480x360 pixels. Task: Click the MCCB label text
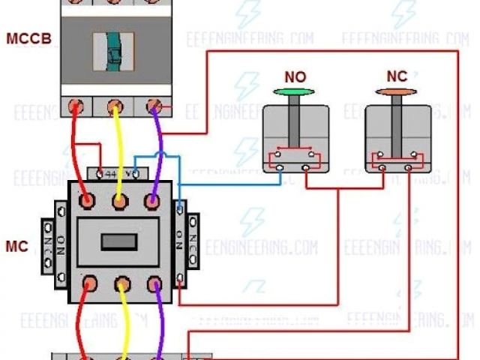point(28,37)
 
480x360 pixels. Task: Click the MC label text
point(16,246)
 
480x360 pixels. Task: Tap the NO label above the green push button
point(295,77)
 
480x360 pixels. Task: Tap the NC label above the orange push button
point(397,76)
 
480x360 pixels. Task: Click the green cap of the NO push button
point(295,91)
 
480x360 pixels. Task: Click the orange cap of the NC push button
point(397,92)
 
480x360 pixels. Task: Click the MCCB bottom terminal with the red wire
point(76,106)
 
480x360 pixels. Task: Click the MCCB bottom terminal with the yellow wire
point(115,106)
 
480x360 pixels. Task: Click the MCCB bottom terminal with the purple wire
point(154,106)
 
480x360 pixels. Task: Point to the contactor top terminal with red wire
point(87,201)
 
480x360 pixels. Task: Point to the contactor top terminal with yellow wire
point(120,201)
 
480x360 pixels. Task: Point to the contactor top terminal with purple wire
point(153,201)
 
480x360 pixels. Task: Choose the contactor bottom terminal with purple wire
point(154,283)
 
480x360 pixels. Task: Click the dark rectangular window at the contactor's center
point(118,241)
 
